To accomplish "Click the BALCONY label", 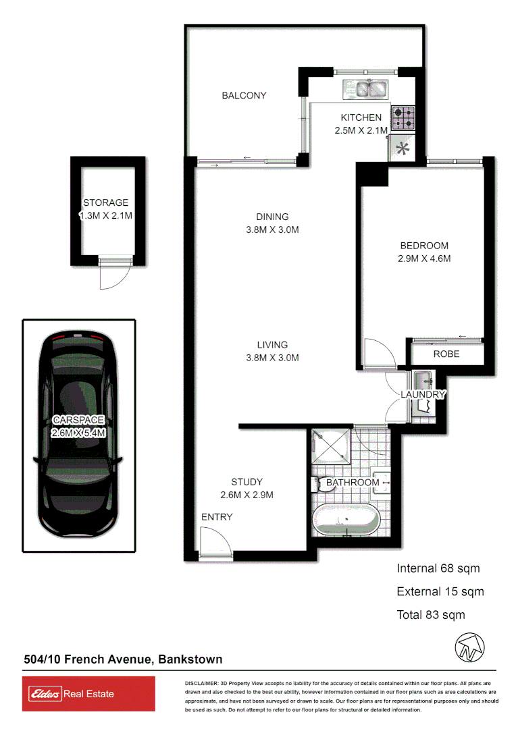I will pyautogui.click(x=244, y=96).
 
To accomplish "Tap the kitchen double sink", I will pyautogui.click(x=365, y=88).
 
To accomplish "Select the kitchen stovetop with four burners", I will pyautogui.click(x=405, y=118).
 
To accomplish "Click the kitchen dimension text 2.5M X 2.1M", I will pyautogui.click(x=361, y=130).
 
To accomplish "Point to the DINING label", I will pyautogui.click(x=272, y=217).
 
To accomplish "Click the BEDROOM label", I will pyautogui.click(x=423, y=246).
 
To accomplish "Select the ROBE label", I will pyautogui.click(x=446, y=354).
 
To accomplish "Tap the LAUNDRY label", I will pyautogui.click(x=423, y=394).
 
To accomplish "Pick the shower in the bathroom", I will pyautogui.click(x=331, y=446).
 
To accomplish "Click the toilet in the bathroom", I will pyautogui.click(x=320, y=484).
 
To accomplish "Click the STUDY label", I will pyautogui.click(x=247, y=482).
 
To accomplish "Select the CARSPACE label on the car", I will pyautogui.click(x=78, y=420).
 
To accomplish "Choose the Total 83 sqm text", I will pyautogui.click(x=431, y=615).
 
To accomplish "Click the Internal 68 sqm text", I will pyautogui.click(x=438, y=568).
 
